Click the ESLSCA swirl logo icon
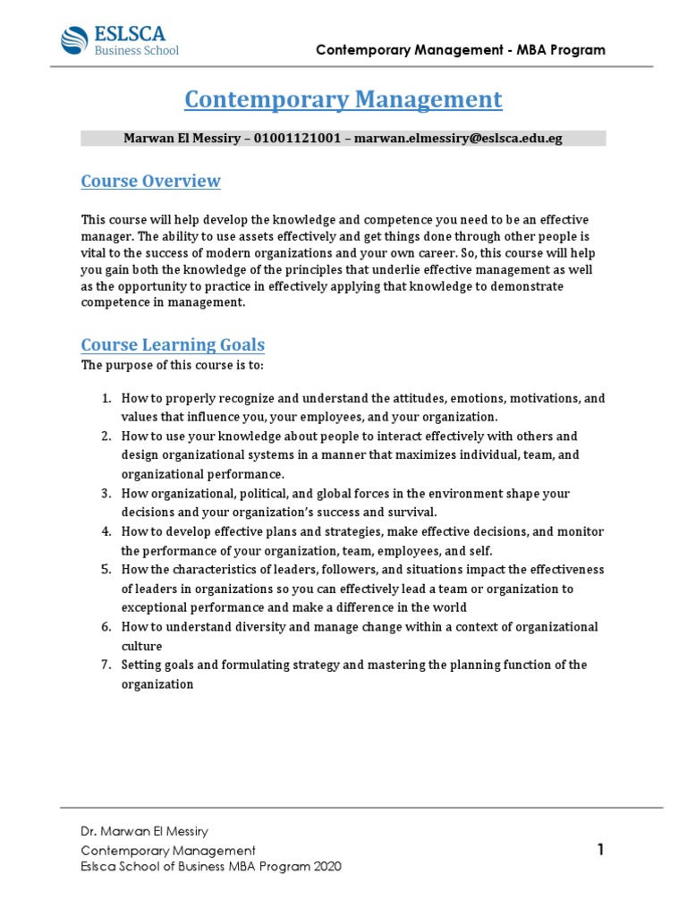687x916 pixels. pyautogui.click(x=74, y=40)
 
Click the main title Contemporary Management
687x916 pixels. pyautogui.click(x=343, y=99)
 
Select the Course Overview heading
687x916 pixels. pyautogui.click(x=150, y=182)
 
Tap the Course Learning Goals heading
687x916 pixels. pyautogui.click(x=173, y=344)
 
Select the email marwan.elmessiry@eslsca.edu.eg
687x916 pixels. pyautogui.click(x=459, y=139)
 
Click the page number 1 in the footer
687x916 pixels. pyautogui.click(x=601, y=850)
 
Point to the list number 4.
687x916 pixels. pyautogui.click(x=105, y=531)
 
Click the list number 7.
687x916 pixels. pyautogui.click(x=105, y=665)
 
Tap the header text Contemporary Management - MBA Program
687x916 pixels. pyautogui.click(x=461, y=50)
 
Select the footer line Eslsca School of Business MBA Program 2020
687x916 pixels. pyautogui.click(x=210, y=867)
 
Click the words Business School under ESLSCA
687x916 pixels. pyautogui.click(x=137, y=51)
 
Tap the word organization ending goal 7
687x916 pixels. pyautogui.click(x=157, y=684)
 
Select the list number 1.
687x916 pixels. pyautogui.click(x=105, y=398)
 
